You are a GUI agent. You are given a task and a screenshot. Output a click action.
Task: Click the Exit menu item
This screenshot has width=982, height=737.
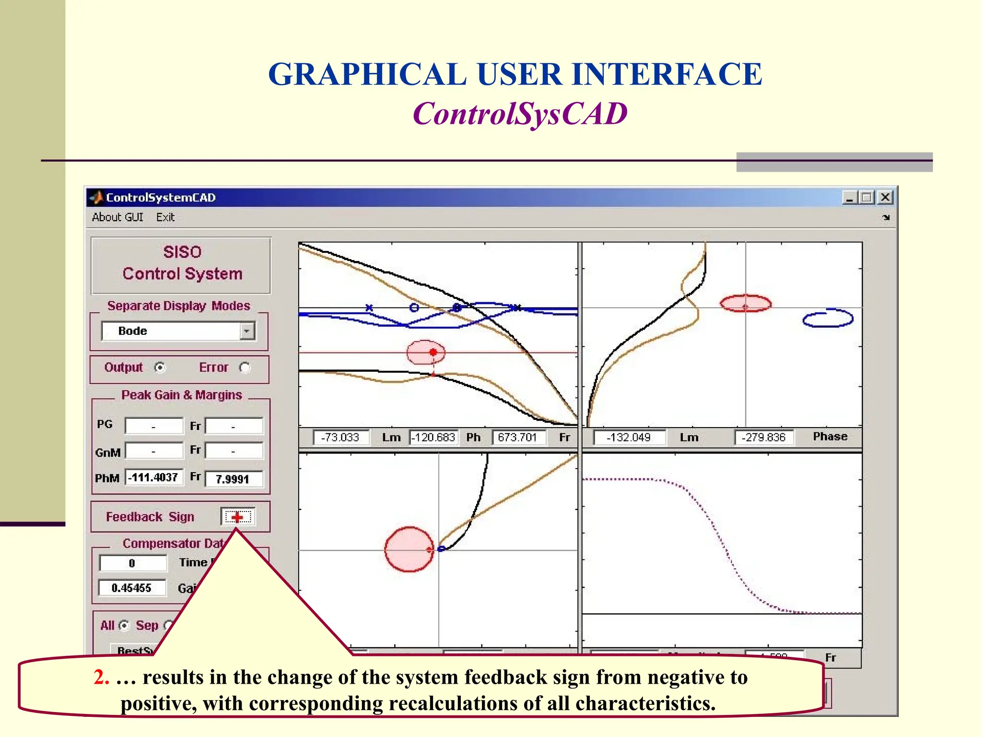165,217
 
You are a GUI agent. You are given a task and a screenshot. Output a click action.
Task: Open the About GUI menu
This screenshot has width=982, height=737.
117,217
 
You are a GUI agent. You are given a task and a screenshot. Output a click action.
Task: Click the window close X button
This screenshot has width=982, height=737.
885,197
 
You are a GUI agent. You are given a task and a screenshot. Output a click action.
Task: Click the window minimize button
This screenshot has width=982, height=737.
849,197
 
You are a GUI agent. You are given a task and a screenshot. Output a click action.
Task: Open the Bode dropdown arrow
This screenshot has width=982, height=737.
247,331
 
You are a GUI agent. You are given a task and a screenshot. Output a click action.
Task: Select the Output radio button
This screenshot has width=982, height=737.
160,368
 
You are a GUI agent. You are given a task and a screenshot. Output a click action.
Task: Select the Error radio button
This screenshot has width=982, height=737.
245,368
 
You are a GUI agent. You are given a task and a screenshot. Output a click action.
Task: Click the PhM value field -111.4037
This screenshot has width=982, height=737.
154,477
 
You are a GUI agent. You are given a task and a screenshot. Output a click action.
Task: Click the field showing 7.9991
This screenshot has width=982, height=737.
234,479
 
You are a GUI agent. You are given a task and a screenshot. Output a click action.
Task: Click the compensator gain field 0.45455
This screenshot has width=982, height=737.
132,588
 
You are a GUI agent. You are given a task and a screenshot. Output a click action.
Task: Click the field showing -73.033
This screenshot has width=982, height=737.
340,437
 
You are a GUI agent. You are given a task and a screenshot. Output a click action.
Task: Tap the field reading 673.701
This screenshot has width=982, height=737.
518,437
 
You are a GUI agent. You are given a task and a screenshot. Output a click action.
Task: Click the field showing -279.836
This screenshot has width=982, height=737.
763,437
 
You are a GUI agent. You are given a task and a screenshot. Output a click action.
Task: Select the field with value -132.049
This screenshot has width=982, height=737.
629,437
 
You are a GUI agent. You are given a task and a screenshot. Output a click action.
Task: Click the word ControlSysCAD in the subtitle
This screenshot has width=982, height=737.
520,114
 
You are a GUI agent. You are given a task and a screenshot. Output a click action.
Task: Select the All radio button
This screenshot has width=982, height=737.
124,625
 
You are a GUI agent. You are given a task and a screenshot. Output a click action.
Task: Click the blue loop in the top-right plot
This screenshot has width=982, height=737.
828,318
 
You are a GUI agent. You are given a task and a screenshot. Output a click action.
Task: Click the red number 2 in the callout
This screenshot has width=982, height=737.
101,677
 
